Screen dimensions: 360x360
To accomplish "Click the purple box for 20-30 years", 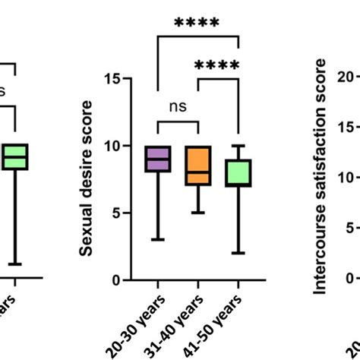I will pos(157,159).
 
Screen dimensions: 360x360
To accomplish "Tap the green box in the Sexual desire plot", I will pos(238,173).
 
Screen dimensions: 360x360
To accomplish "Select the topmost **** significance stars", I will pos(197,24).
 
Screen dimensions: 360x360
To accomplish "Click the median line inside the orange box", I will pos(198,172).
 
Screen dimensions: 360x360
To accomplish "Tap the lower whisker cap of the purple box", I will pos(157,240).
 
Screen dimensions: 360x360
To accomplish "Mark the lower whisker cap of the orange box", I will pos(198,213).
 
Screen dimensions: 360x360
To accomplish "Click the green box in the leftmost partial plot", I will pos(15,156).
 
